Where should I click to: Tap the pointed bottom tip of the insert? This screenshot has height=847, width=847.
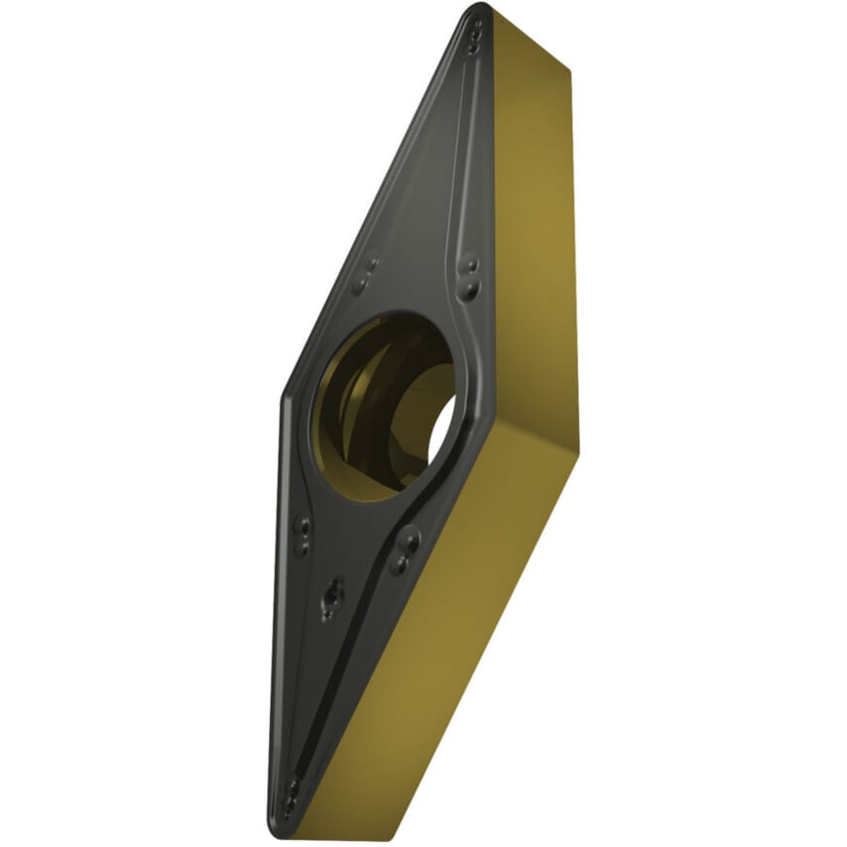coord(284,829)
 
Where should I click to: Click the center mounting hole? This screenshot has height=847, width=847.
coord(385,407)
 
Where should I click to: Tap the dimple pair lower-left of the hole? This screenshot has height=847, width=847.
coord(303,536)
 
